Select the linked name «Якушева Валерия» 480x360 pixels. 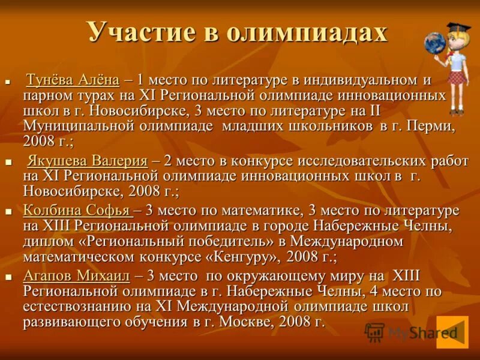pyautogui.click(x=88, y=161)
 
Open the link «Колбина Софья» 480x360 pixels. pyautogui.click(x=77, y=211)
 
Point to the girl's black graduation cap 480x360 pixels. pyautogui.click(x=458, y=27)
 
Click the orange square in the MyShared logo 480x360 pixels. pyautogui.click(x=452, y=332)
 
